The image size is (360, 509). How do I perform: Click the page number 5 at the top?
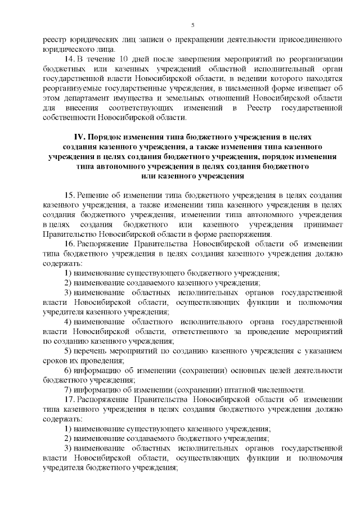point(192,25)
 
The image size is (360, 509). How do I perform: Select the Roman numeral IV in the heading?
point(79,137)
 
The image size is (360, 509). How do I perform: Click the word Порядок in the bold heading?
point(108,137)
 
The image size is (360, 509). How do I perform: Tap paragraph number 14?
point(69,59)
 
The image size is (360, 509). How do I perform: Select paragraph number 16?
point(69,244)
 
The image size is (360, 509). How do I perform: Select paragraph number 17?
point(69,399)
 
